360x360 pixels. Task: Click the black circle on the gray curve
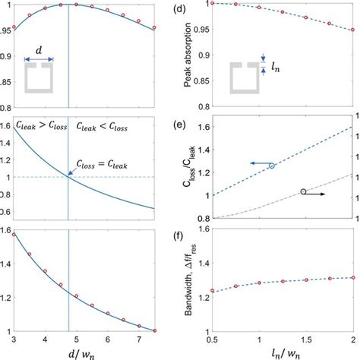click(303, 191)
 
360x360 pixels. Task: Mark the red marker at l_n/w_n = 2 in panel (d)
click(352, 30)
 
